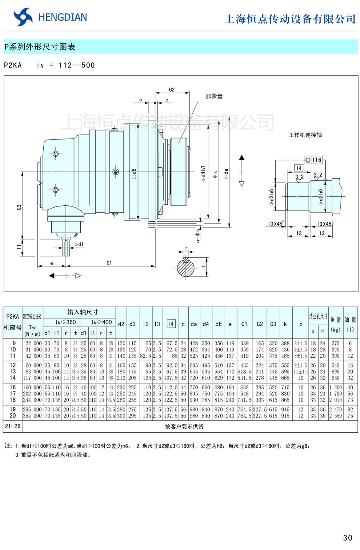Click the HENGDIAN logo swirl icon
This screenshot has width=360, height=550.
click(x=23, y=17)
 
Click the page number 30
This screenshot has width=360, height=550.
click(x=347, y=538)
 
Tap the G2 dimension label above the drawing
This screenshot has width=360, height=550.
click(x=172, y=89)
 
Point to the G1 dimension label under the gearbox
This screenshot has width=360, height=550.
click(x=109, y=262)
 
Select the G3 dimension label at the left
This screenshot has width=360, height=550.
click(x=19, y=207)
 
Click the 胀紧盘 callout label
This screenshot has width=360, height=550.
click(x=214, y=96)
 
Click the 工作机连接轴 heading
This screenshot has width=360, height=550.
click(x=305, y=135)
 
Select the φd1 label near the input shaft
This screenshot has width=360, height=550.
click(x=79, y=244)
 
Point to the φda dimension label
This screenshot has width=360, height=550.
click(x=226, y=173)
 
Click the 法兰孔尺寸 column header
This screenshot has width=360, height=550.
click(x=318, y=316)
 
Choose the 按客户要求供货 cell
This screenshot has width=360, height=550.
click(x=184, y=426)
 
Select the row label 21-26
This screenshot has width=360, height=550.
click(x=13, y=426)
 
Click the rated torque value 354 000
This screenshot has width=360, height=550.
click(x=32, y=415)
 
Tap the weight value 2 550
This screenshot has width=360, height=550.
click(x=335, y=415)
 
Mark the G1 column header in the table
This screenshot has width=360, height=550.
click(x=244, y=324)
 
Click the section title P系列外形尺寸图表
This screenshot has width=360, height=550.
click(x=40, y=47)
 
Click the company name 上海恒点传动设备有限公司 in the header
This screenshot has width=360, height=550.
click(x=290, y=19)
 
